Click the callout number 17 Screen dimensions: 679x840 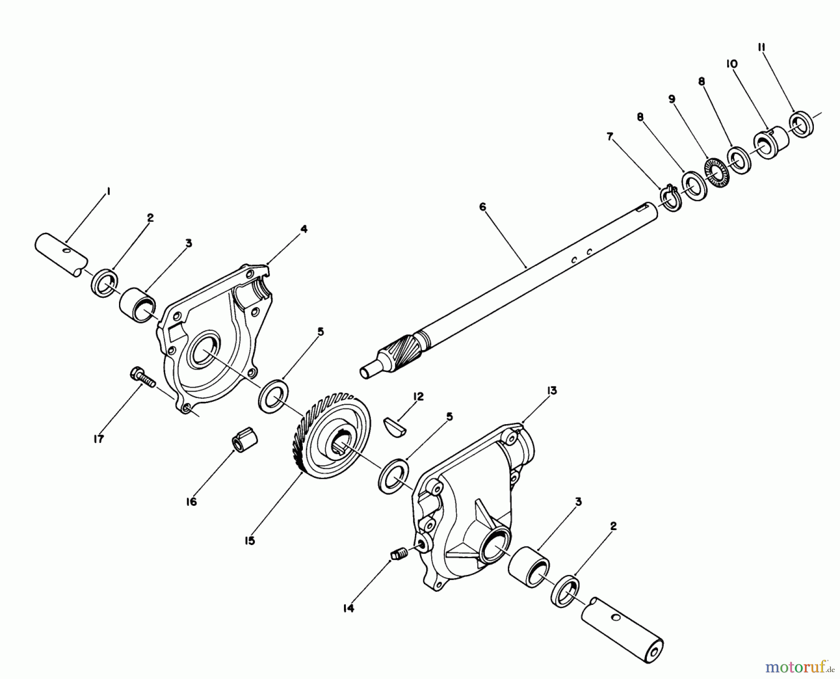(x=98, y=439)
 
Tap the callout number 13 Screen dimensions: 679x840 (x=552, y=391)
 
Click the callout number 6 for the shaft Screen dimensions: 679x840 (x=483, y=206)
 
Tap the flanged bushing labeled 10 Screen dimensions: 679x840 (x=771, y=141)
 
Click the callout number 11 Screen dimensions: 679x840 (x=761, y=48)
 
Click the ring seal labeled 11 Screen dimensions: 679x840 (x=802, y=124)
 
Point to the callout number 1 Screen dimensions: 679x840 (x=108, y=191)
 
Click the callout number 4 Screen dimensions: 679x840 (x=304, y=229)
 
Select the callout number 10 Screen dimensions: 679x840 (x=732, y=64)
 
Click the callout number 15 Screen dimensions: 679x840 (x=250, y=541)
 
